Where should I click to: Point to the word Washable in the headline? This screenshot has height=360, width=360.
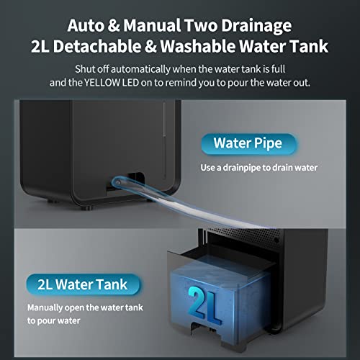click(x=215, y=48)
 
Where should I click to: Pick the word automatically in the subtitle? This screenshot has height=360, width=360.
click(x=151, y=70)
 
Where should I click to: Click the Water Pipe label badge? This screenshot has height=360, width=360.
click(x=247, y=143)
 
